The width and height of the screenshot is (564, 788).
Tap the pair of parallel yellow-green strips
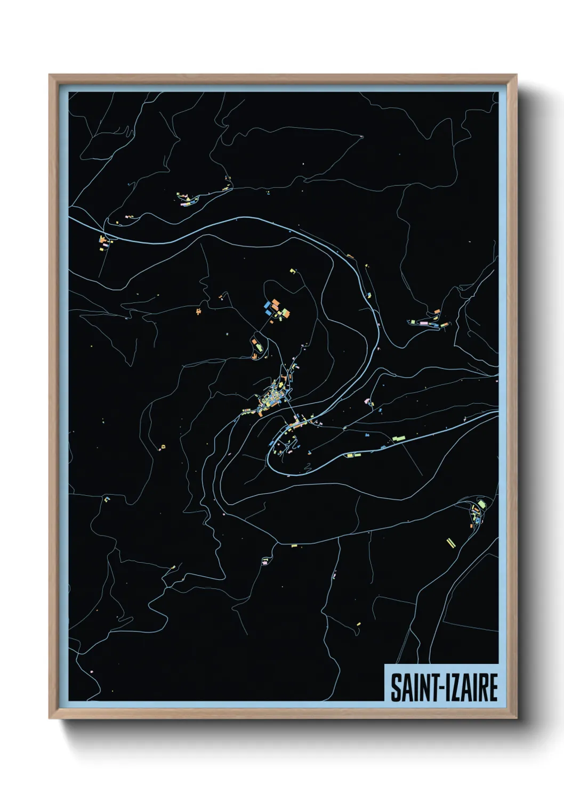tap(450, 542)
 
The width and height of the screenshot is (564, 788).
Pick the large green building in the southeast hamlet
tap(481, 504)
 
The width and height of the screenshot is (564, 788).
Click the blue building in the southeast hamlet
tap(478, 519)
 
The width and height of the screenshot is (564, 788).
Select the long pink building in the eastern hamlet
tap(424, 323)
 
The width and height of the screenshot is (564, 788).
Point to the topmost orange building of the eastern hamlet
tap(437, 311)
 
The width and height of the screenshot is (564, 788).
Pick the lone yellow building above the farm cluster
tap(292, 272)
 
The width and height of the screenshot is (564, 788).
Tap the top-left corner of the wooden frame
tap(50, 75)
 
